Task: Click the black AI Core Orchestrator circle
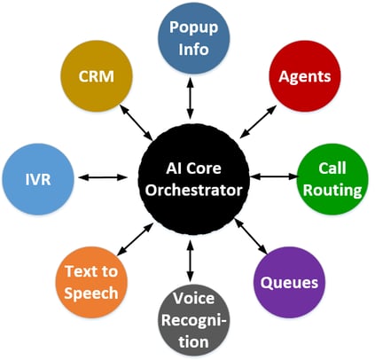(x=194, y=180)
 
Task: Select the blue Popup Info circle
(x=194, y=38)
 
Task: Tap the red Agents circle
(x=305, y=76)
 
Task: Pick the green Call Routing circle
(x=332, y=179)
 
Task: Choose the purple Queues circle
(x=290, y=282)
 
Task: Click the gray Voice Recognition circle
(x=194, y=320)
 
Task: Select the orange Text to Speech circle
(x=91, y=282)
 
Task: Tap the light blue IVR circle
(x=38, y=179)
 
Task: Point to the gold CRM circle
(x=97, y=76)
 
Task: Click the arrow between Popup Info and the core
(x=191, y=98)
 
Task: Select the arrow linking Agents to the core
(x=258, y=121)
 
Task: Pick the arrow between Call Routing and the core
(x=274, y=176)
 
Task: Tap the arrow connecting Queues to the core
(x=251, y=237)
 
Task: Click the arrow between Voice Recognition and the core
(x=191, y=261)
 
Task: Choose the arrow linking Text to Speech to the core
(x=136, y=239)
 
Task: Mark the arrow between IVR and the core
(x=103, y=177)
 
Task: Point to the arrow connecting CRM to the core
(x=136, y=122)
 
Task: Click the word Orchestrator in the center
(x=194, y=190)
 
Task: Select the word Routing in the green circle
(x=332, y=191)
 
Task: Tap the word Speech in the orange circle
(x=91, y=293)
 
